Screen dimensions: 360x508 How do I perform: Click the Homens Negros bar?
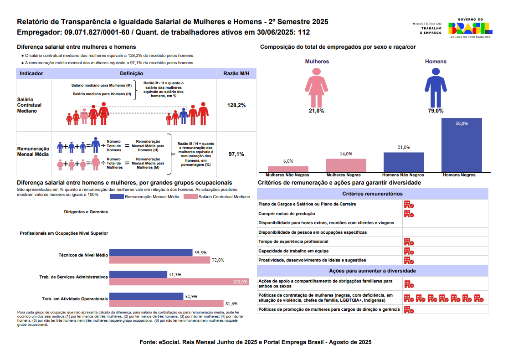click(x=462, y=145)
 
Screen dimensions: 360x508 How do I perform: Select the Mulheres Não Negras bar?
click(x=288, y=169)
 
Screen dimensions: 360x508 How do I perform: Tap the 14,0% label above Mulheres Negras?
click(x=346, y=154)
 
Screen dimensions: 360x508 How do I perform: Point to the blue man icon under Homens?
click(x=436, y=87)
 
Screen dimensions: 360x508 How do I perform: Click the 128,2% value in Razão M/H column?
click(x=236, y=105)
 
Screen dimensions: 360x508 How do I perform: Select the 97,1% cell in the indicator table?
click(x=236, y=154)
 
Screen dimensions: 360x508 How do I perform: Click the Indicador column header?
click(x=31, y=73)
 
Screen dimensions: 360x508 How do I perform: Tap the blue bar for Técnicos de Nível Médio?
click(x=151, y=252)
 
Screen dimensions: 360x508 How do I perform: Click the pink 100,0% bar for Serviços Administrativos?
click(x=180, y=282)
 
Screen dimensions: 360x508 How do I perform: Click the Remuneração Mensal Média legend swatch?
click(x=117, y=197)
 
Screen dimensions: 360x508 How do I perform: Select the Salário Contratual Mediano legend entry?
click(x=217, y=197)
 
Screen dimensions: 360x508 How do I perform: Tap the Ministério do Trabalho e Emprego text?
click(x=427, y=28)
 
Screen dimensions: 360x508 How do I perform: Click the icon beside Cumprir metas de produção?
click(x=409, y=214)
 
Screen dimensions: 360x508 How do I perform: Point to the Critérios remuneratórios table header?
click(x=372, y=193)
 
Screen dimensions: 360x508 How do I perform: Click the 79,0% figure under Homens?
click(x=436, y=111)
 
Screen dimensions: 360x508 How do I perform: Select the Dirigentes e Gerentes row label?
click(x=86, y=212)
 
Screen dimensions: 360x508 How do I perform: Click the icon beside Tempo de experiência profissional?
click(x=409, y=242)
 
